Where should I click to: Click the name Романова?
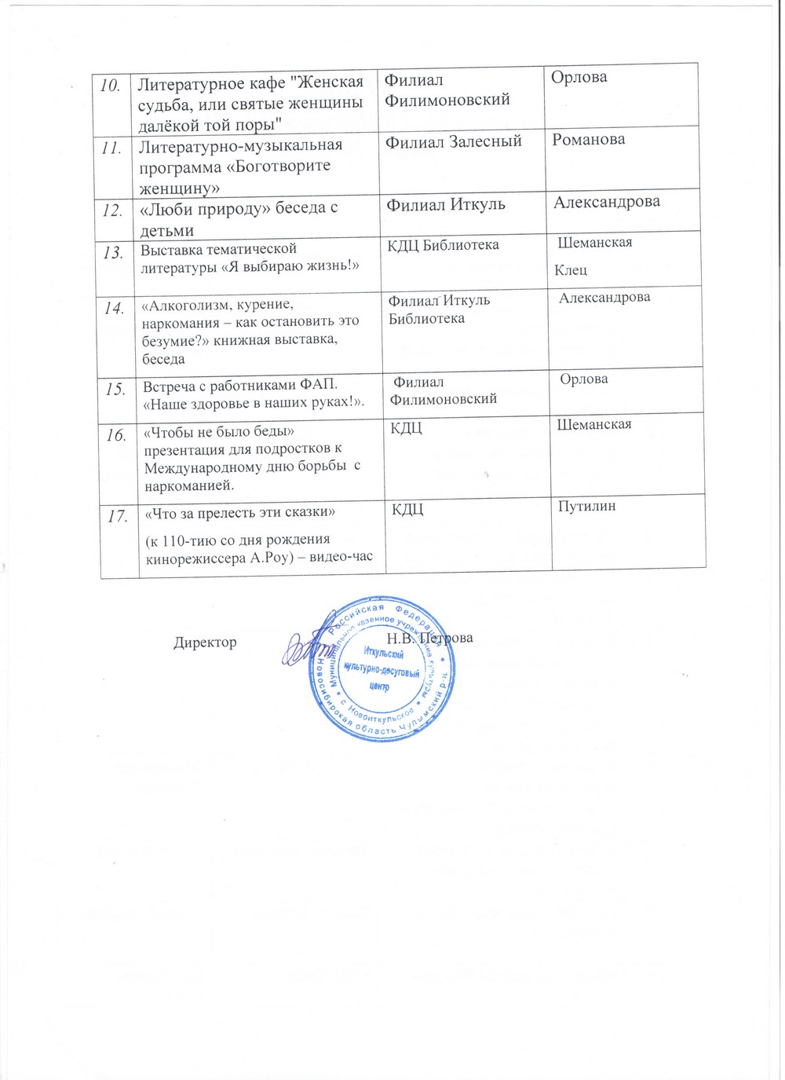(588, 140)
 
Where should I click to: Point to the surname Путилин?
(586, 506)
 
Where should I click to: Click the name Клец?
(571, 270)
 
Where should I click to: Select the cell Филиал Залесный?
(454, 141)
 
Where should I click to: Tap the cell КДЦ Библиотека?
(444, 245)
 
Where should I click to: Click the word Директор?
(205, 642)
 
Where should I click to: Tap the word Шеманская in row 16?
(593, 425)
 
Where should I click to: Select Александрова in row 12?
(607, 202)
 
